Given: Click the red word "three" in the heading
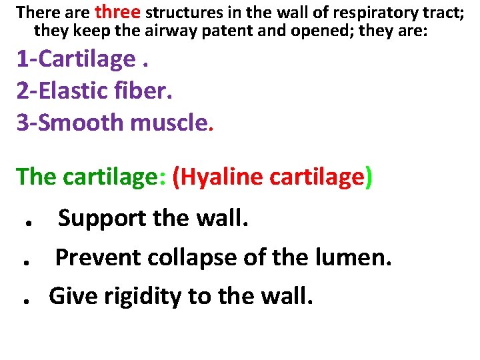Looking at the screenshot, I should [x=118, y=11].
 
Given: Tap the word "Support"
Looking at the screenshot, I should [x=103, y=218].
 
